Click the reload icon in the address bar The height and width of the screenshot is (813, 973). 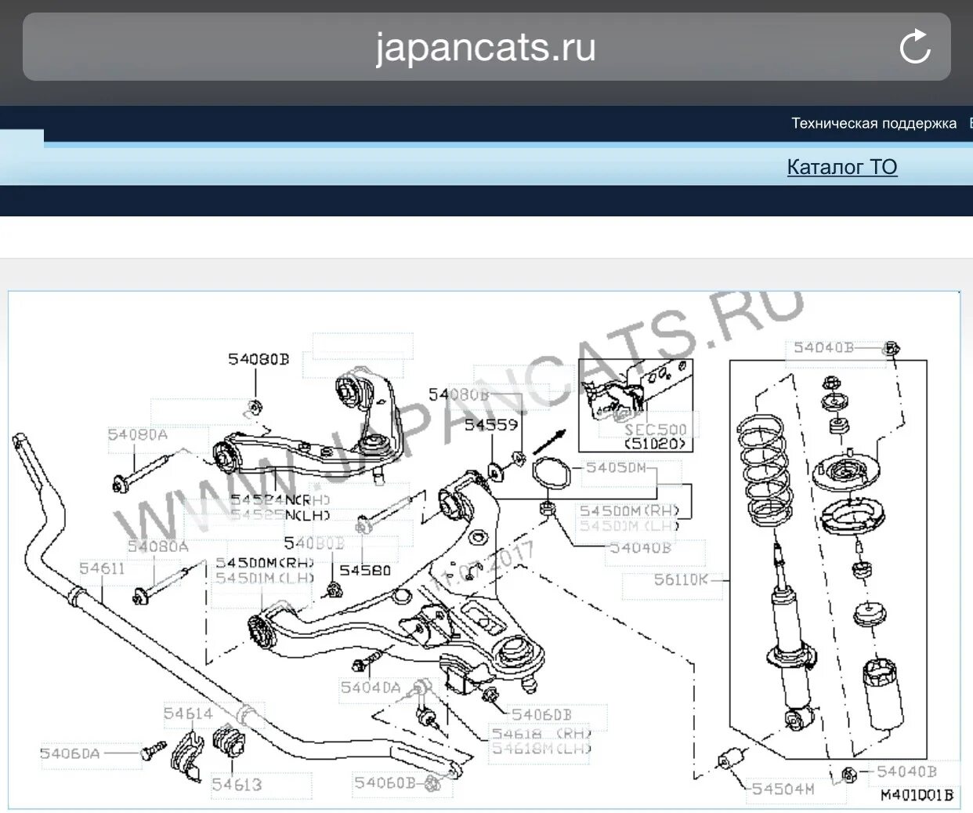tap(914, 47)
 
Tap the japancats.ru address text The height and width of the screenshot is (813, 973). tap(486, 47)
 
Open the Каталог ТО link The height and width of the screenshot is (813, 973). tap(841, 167)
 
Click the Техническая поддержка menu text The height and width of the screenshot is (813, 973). tap(874, 123)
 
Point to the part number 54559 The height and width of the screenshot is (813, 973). tap(491, 425)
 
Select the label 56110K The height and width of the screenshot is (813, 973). tap(680, 579)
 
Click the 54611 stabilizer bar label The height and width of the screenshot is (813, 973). tap(102, 568)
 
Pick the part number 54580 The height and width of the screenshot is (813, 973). tap(365, 570)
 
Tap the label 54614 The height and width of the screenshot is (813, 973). tap(188, 713)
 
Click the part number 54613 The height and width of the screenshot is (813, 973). tap(237, 784)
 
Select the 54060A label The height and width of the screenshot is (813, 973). tap(71, 753)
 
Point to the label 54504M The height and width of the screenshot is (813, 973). tap(783, 789)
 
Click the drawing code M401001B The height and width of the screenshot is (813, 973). tap(917, 795)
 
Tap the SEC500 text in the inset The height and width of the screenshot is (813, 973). tap(655, 430)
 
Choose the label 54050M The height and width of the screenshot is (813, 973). tap(617, 468)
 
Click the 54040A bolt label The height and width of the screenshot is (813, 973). tap(371, 688)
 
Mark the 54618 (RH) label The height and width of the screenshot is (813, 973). tap(541, 734)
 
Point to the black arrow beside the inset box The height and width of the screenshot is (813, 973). tap(549, 441)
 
